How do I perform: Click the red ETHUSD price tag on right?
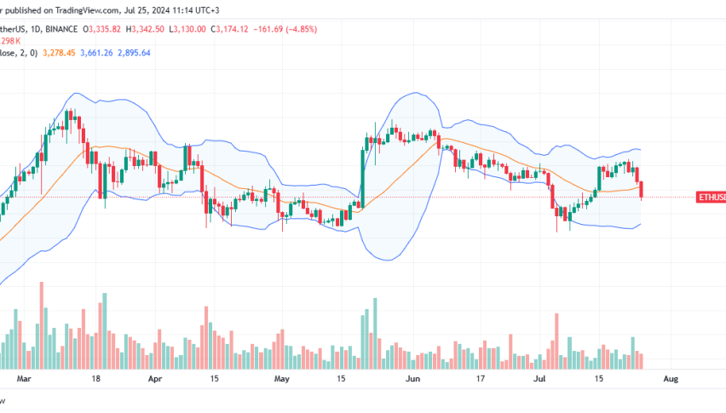(711, 198)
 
